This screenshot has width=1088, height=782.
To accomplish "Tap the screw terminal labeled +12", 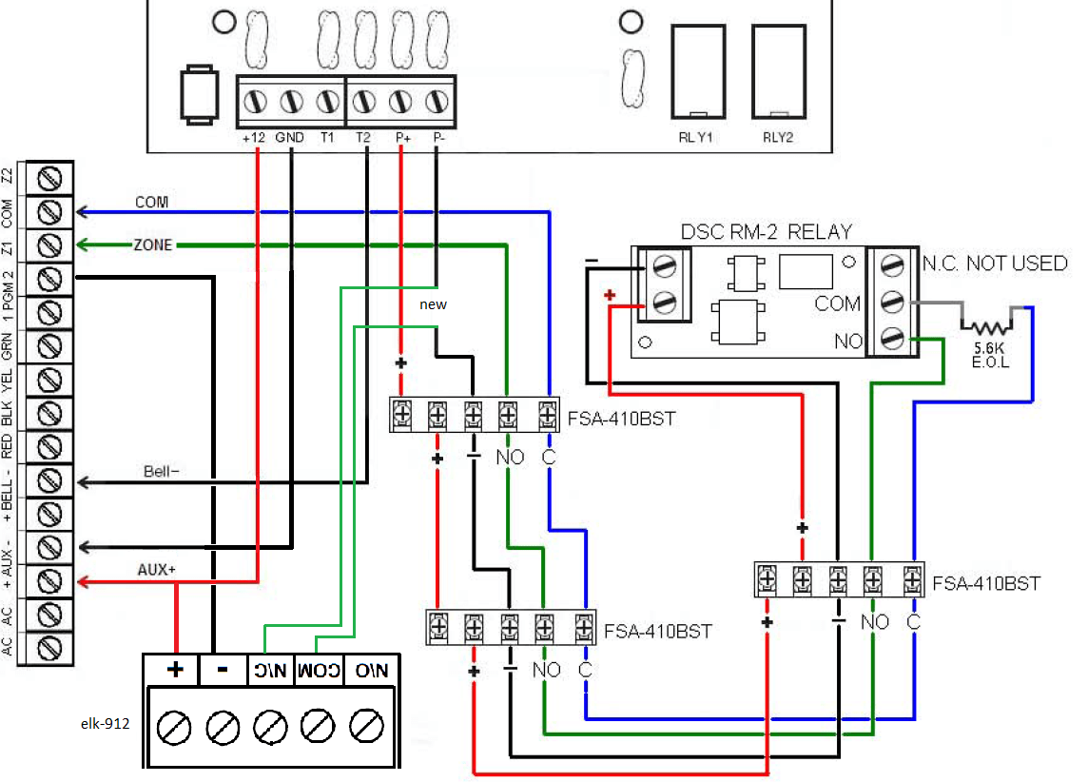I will pyautogui.click(x=254, y=101).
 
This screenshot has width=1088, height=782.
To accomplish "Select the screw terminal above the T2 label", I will pyautogui.click(x=363, y=101).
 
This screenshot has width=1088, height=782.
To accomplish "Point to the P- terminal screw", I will pyautogui.click(x=437, y=101).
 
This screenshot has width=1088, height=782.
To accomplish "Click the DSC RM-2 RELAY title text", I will pyautogui.click(x=767, y=232).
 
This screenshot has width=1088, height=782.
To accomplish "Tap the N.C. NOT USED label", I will pyautogui.click(x=995, y=264).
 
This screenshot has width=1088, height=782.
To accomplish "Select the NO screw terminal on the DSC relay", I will pyautogui.click(x=892, y=338).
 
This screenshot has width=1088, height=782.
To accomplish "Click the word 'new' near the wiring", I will pyautogui.click(x=433, y=305).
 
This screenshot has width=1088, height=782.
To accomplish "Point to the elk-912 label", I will pyautogui.click(x=105, y=722).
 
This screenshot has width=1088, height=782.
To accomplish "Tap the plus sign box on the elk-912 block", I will pyautogui.click(x=175, y=669).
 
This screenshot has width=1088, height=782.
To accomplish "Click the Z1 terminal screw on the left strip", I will pyautogui.click(x=51, y=246).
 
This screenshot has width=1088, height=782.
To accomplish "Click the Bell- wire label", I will pyautogui.click(x=162, y=471).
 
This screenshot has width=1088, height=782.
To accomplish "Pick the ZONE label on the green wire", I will pyautogui.click(x=153, y=245).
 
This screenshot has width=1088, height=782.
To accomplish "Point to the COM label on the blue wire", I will pyautogui.click(x=151, y=202).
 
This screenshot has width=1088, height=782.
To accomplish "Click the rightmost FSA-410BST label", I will pyautogui.click(x=986, y=582).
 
